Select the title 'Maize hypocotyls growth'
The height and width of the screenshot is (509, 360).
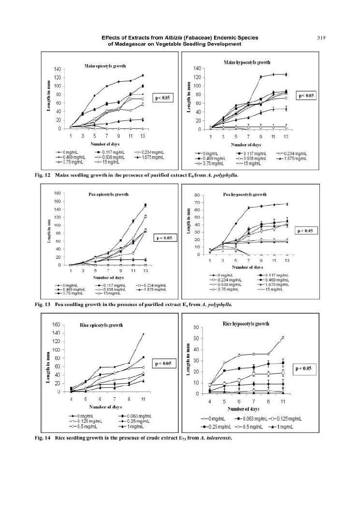click(x=247, y=62)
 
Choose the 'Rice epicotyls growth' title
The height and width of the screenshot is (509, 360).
click(x=100, y=325)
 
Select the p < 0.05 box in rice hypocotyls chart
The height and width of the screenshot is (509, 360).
click(x=305, y=368)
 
